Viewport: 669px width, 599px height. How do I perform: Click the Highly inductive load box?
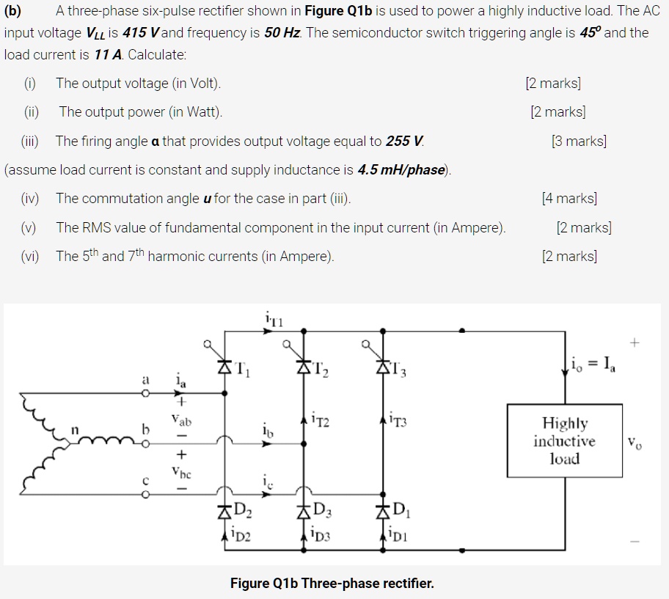[x=565, y=441]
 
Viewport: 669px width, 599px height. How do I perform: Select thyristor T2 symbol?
[x=304, y=364]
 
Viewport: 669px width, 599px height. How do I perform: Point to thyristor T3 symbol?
[x=382, y=364]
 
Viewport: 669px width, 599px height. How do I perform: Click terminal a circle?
[x=145, y=393]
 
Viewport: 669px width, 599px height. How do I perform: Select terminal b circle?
[x=145, y=442]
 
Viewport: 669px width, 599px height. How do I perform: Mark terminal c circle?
[x=145, y=493]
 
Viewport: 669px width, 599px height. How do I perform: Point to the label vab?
[x=180, y=422]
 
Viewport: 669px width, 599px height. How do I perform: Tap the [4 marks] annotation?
[x=569, y=199]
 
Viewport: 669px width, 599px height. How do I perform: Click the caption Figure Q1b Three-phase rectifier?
[x=332, y=584]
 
